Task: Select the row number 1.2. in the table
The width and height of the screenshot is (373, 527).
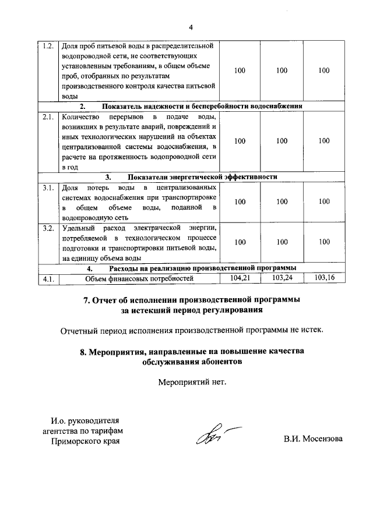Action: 49,45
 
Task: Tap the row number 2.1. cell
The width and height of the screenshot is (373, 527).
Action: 49,116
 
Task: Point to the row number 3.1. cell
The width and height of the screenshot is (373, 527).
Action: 49,188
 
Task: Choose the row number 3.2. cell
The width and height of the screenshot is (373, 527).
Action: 49,228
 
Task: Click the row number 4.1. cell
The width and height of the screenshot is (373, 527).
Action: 49,278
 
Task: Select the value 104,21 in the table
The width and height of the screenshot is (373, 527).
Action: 240,278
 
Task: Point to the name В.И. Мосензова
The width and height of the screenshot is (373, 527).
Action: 314,438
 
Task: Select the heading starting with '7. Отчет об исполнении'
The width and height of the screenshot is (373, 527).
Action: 192,300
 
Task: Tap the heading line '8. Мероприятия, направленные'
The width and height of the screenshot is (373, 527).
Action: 192,351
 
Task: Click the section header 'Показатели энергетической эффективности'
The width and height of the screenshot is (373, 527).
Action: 202,176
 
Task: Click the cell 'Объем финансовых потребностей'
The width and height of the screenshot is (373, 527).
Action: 139,278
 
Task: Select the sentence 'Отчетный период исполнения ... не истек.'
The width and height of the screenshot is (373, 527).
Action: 192,331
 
